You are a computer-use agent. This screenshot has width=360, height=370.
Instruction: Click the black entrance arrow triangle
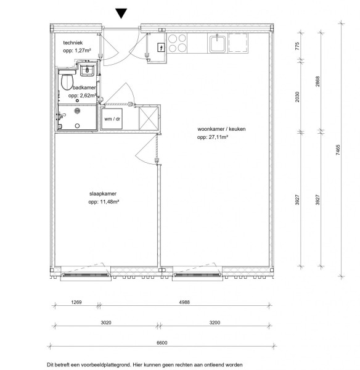tap(121, 13)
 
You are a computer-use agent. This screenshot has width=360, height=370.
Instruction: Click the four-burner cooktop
tap(177, 43)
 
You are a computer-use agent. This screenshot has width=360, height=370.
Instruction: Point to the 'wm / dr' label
tap(112, 119)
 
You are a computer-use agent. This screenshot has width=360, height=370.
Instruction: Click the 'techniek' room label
tap(73, 43)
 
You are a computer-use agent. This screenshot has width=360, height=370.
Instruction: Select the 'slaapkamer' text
tap(103, 194)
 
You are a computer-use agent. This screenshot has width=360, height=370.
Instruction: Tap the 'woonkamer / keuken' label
tap(221, 129)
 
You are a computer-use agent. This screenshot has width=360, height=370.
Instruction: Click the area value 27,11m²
tap(218, 137)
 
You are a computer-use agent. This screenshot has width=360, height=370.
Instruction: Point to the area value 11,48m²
tap(109, 202)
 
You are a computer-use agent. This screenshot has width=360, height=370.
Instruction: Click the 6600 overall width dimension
tap(162, 343)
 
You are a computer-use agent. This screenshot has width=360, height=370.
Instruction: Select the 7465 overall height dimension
tap(338, 150)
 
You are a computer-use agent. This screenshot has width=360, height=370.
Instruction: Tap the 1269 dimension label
tap(76, 302)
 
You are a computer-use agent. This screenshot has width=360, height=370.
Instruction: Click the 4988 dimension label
tap(184, 302)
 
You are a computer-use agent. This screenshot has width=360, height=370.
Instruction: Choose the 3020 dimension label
tap(106, 323)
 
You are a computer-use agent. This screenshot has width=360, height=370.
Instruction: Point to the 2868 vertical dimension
tap(317, 81)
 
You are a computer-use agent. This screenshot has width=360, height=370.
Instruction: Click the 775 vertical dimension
tap(297, 46)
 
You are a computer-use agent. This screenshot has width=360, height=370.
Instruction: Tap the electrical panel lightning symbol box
tap(161, 47)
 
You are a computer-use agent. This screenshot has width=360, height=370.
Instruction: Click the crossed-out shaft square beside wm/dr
tap(149, 118)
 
